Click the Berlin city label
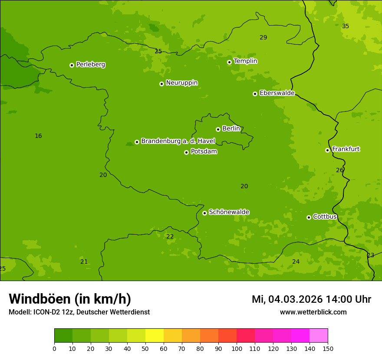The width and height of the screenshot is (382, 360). tap(231, 129)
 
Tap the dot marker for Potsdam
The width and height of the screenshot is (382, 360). tap(186, 152)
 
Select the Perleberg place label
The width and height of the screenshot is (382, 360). tap(91, 65)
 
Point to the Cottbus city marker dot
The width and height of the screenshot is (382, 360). tap(309, 217)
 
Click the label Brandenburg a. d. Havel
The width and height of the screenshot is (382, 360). tap(178, 141)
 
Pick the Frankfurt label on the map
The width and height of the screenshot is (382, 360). tap(346, 149)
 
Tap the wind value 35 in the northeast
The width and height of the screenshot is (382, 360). tap(346, 26)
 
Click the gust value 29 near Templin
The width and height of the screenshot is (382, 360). tap(263, 38)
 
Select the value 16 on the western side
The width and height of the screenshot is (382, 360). tap(38, 136)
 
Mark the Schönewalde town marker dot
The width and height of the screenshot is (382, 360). tap(204, 213)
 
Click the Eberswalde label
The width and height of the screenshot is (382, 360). tap(277, 93)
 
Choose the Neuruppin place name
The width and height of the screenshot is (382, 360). tap(182, 83)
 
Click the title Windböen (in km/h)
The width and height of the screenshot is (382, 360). tap(70, 299)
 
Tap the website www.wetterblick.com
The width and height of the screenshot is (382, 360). tap(313, 312)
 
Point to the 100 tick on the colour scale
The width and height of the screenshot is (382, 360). tap(237, 348)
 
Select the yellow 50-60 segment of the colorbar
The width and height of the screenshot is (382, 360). tap(155, 336)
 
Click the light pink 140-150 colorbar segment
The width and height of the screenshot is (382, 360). tap(319, 336)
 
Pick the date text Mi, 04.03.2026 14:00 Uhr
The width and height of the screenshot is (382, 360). tap(311, 299)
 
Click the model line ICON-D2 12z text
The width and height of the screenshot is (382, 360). tap(79, 312)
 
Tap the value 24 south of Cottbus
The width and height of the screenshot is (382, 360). tap(296, 262)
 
